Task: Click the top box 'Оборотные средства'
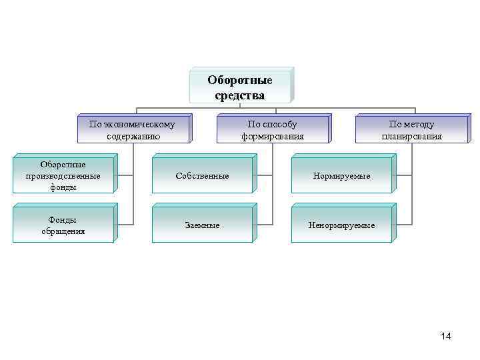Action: coord(240,87)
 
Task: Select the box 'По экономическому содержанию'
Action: coord(133,130)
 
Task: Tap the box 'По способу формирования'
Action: coord(272,130)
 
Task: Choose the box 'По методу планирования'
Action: coord(411,130)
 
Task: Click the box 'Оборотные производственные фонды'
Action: coord(63,176)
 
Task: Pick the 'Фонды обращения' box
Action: coord(63,225)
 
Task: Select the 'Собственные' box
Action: coord(202,176)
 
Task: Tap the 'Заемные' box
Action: coord(202,225)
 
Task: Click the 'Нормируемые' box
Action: coord(342,176)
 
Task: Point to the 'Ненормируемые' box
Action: coord(342,225)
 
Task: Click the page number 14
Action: coord(445,336)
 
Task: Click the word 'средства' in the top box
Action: coord(240,95)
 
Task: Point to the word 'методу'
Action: coord(419,124)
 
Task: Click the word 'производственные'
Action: coord(63,176)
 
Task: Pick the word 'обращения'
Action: coord(63,231)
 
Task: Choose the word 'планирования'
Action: coord(411,136)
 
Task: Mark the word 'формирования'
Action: coord(272,136)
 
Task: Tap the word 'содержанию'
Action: coord(133,136)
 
